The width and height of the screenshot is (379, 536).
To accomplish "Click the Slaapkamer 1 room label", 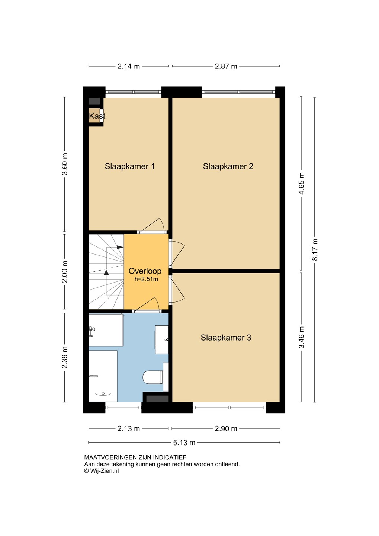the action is tap(129, 166).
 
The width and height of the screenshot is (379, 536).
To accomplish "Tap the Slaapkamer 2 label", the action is tap(228, 166).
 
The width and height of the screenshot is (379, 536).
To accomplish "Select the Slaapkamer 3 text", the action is tap(226, 338).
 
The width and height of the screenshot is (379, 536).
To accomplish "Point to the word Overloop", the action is tap(145, 271).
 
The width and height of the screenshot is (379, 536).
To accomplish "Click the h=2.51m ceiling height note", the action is tap(146, 279).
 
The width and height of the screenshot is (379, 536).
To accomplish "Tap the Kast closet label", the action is tap(97, 116).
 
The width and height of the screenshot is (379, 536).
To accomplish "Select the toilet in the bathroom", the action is tap(153, 377).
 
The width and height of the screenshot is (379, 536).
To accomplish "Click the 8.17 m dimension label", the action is tap(314, 249).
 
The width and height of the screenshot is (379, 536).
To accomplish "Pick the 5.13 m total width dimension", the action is tap(184, 443).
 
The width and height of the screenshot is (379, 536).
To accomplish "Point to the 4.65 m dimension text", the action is tap(301, 184).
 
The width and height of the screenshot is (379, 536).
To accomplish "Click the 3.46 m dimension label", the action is tap(301, 337).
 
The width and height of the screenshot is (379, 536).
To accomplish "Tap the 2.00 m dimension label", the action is tap(65, 272).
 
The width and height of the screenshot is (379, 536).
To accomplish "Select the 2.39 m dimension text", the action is tap(65, 357).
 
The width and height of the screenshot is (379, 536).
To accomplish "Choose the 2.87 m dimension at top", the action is tap(226, 66).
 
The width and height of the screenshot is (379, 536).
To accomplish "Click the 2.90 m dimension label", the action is tap(226, 428).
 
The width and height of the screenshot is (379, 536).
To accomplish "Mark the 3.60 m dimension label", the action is tap(65, 164).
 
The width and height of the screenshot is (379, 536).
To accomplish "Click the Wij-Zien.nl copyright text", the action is tap(102, 471).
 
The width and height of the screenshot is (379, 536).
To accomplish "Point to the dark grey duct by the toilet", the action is tap(157, 399).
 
